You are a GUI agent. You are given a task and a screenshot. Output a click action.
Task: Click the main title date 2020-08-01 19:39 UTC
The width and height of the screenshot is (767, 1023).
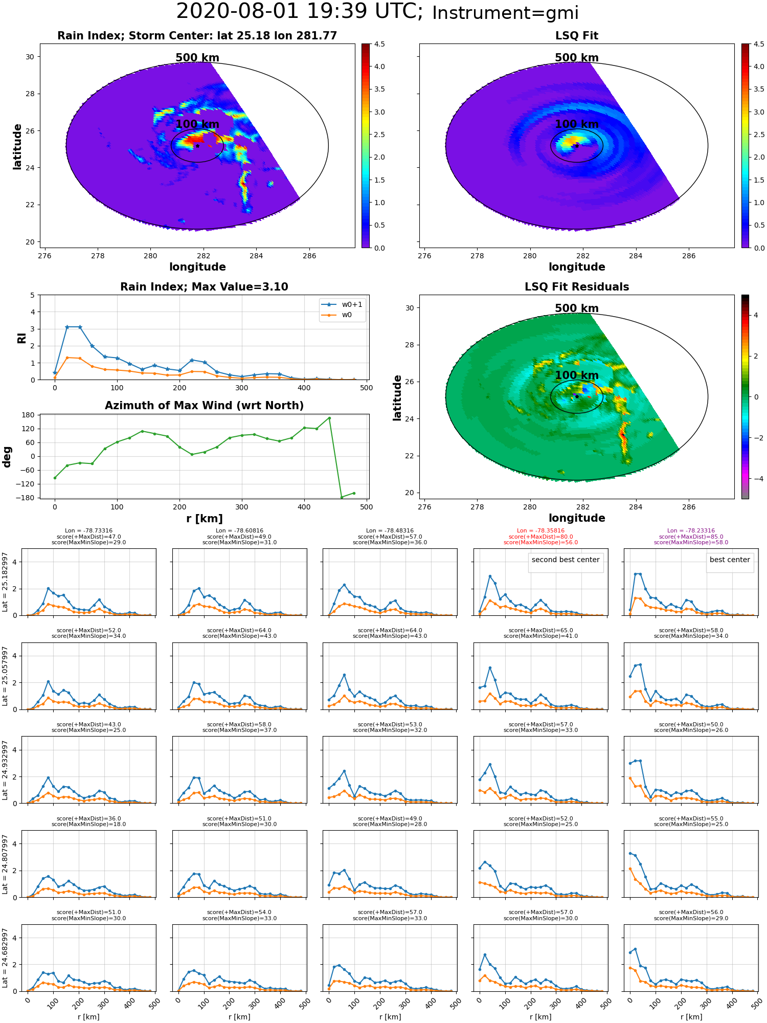click(x=300, y=11)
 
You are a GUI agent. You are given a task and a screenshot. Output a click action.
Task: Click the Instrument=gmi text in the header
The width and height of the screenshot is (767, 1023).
click(x=505, y=13)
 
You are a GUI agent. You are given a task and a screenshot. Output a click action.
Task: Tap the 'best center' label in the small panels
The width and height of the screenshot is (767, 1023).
click(x=730, y=560)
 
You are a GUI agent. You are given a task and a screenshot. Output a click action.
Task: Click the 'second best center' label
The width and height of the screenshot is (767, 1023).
click(x=566, y=560)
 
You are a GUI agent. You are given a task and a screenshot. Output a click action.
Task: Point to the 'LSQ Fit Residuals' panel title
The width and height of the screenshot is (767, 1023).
click(x=577, y=287)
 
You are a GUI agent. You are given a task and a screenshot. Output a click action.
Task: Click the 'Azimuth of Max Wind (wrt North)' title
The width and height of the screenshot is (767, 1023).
click(x=204, y=406)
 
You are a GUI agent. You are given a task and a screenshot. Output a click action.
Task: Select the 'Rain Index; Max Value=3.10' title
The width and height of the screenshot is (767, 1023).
click(x=204, y=287)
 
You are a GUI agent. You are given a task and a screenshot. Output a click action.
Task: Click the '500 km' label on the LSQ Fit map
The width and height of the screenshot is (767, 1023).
click(x=577, y=58)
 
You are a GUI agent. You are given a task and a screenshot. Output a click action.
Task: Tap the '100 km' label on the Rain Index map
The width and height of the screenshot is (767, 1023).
click(x=197, y=124)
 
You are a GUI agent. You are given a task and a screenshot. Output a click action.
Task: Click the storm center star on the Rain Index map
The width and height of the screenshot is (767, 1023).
click(x=197, y=146)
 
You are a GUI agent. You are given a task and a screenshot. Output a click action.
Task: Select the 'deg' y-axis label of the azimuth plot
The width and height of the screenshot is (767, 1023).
click(x=7, y=457)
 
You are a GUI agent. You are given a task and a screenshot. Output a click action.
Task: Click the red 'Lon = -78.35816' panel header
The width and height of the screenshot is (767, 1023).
click(x=540, y=531)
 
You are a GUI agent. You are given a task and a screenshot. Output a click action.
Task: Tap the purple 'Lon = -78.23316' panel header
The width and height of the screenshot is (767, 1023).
click(x=691, y=531)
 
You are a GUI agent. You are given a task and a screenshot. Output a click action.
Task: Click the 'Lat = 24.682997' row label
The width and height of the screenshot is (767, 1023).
click(x=5, y=958)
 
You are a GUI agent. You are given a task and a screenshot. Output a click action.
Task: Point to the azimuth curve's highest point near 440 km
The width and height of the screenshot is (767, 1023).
click(x=329, y=418)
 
